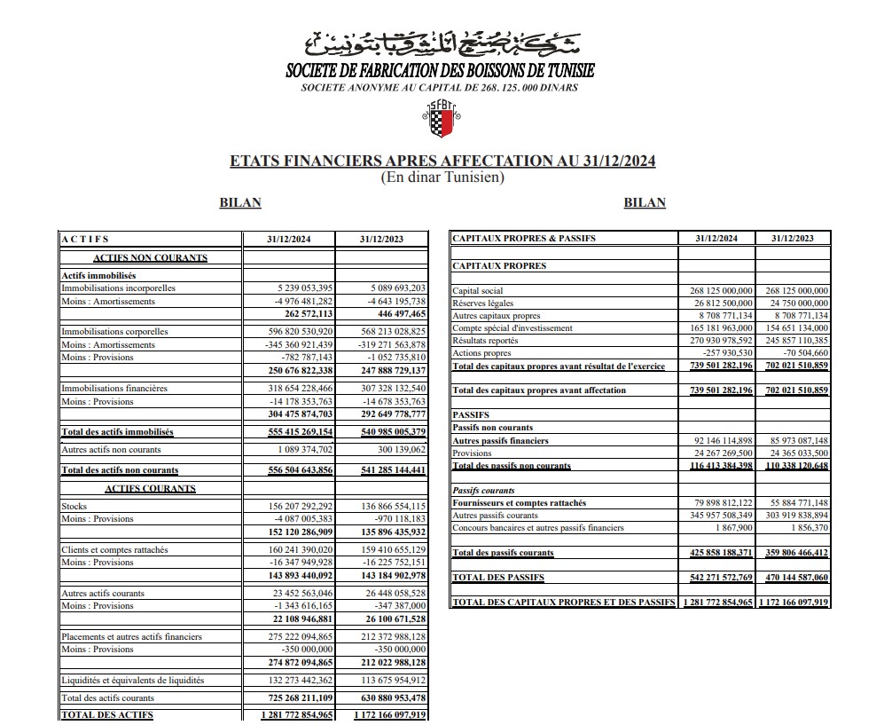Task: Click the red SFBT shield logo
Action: click(442, 120)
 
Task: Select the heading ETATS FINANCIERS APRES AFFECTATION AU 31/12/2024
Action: click(442, 162)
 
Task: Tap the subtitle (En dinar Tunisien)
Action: click(442, 177)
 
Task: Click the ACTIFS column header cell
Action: click(85, 239)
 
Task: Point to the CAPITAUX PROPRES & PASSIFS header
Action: click(524, 239)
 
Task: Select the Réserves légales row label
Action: click(484, 303)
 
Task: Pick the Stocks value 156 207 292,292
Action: click(298, 507)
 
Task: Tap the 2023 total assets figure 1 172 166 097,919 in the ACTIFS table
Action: click(389, 715)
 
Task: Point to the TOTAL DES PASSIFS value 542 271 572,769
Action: click(721, 578)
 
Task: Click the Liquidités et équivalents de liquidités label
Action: click(132, 681)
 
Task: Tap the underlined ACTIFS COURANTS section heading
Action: click(150, 489)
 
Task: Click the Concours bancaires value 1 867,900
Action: click(733, 528)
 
